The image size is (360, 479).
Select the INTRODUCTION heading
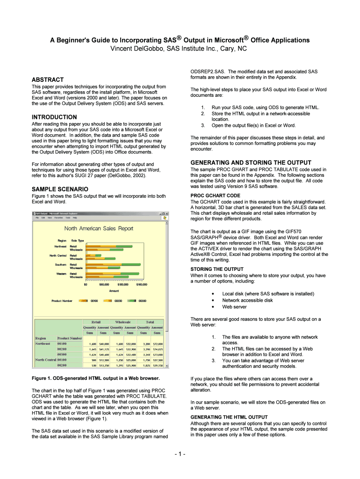point(54,117)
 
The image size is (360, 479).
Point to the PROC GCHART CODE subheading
point(216,196)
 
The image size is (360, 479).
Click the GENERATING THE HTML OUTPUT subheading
point(229,417)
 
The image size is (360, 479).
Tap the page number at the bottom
point(180,454)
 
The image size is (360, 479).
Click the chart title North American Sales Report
point(99,229)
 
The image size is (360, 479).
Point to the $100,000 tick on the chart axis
point(122,284)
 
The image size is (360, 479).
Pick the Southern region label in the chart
point(60,264)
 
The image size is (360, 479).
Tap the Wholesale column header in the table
point(122,322)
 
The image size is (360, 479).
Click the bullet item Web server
point(235,307)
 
